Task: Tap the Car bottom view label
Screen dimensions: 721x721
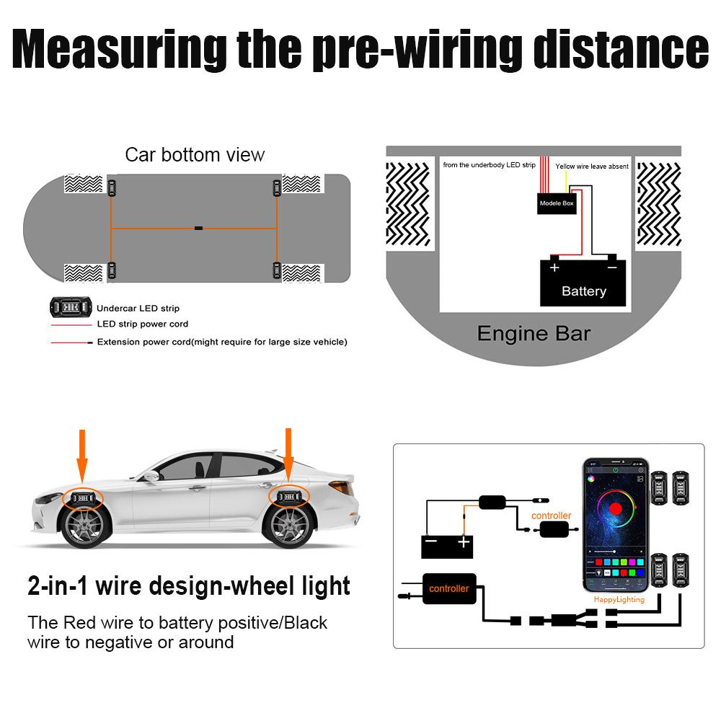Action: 195,154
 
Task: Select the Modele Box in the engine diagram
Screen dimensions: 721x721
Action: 557,203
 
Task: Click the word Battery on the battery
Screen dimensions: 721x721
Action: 583,291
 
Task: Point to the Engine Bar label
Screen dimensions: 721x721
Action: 534,334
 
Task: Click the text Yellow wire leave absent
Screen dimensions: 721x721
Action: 591,167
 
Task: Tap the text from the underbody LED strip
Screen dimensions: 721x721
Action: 489,165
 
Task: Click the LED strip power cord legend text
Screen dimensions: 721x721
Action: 142,324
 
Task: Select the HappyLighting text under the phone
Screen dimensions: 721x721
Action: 619,600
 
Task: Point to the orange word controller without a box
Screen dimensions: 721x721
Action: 551,516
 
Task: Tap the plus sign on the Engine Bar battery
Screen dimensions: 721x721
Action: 554,267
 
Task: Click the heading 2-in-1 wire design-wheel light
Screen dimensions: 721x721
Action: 189,585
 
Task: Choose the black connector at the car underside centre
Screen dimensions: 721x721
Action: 198,229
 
